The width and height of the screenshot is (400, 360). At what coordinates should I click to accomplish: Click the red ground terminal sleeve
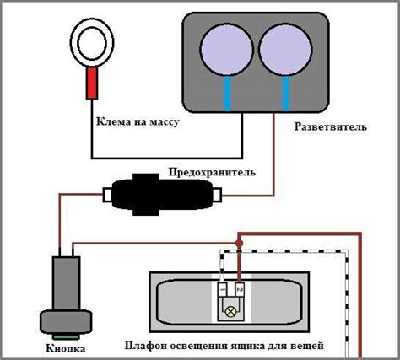coord(92,83)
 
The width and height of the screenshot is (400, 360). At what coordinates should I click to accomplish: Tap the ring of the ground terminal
coord(92,25)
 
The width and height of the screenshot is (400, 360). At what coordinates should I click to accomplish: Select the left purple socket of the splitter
coord(227,49)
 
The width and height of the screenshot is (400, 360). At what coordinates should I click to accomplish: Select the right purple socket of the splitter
coord(285,49)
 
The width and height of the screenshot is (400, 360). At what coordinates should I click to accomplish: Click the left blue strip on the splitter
coord(227,93)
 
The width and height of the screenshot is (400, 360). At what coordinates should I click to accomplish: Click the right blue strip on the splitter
coord(286,93)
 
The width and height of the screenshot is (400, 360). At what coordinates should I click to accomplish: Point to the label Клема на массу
coord(138,122)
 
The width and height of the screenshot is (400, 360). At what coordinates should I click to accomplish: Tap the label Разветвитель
coord(331,126)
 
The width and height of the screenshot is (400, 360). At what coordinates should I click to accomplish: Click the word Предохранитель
coord(212,172)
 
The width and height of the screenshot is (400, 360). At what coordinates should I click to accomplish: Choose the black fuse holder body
coord(162,195)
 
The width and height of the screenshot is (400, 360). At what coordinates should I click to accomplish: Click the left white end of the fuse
coord(108,195)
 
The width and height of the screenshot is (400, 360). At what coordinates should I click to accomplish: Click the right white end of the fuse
coord(217,195)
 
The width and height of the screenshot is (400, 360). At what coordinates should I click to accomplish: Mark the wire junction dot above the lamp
coord(239,243)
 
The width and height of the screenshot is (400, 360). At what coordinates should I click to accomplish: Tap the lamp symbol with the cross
coord(230,312)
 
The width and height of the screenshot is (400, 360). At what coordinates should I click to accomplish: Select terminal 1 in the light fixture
coord(222,289)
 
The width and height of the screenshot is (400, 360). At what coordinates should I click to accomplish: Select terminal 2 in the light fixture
coord(240,289)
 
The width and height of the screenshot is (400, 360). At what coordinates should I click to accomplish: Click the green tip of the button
coord(66,336)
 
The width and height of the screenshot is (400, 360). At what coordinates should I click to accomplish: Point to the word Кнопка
coord(66,349)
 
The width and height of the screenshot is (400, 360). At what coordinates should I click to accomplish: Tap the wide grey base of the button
coord(66,322)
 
